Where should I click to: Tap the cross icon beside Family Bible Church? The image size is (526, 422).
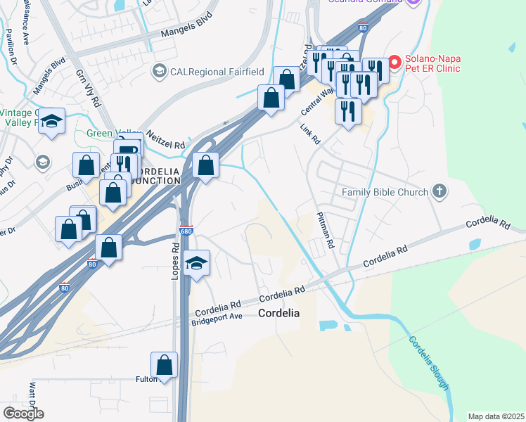click(x=440, y=191)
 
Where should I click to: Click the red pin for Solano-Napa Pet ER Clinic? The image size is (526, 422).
click(x=394, y=63)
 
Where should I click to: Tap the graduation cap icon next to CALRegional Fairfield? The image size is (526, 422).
click(x=159, y=70)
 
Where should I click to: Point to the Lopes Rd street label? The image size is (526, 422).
click(x=176, y=262)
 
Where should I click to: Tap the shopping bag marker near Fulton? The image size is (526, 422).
click(x=164, y=365)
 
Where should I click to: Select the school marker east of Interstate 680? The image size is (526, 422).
click(x=197, y=263)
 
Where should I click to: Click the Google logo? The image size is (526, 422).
click(x=23, y=414)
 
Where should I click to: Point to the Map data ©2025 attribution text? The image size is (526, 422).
click(x=496, y=416)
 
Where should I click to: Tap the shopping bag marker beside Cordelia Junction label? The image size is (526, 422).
click(x=205, y=166)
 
